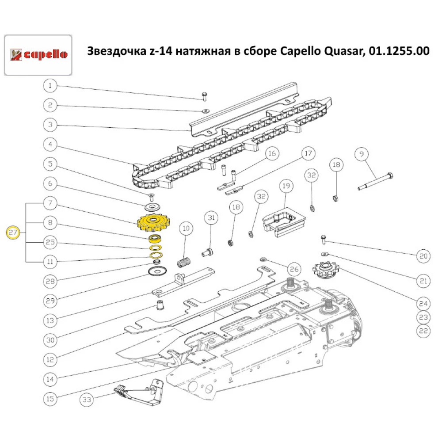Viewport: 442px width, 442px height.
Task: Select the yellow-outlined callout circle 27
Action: coord(13,232)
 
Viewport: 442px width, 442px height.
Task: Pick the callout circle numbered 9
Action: coord(362,154)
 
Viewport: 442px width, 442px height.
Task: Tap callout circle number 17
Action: coord(308,154)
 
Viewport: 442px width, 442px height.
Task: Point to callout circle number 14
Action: coord(50,378)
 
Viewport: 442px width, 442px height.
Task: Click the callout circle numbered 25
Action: coord(50,242)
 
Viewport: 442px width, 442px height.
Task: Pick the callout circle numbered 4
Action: coord(50,144)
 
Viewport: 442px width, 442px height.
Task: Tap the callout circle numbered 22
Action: coord(424,330)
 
